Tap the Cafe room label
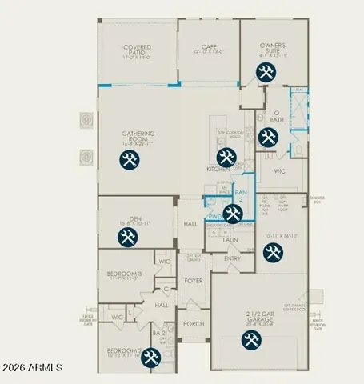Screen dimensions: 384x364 [210, 47]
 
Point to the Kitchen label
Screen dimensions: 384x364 [218, 169]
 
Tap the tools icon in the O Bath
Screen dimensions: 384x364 [266, 136]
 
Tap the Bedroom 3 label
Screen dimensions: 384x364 [124, 274]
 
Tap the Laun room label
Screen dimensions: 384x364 [230, 239]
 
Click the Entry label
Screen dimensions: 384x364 [232, 258]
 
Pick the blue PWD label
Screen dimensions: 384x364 [215, 216]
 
